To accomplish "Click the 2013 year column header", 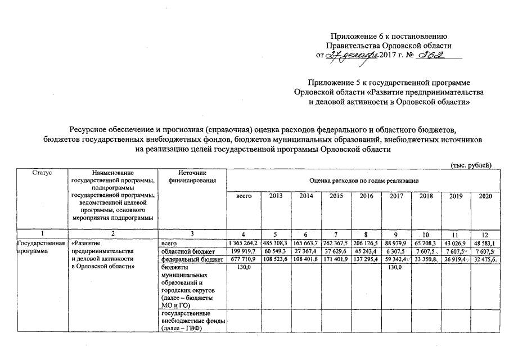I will point(276,196).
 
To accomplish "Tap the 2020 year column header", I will point(485,196).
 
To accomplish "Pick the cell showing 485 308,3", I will point(276,242).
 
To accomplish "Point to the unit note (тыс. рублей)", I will point(471,164).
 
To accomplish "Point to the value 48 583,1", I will point(485,242).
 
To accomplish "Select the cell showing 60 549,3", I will point(276,251).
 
